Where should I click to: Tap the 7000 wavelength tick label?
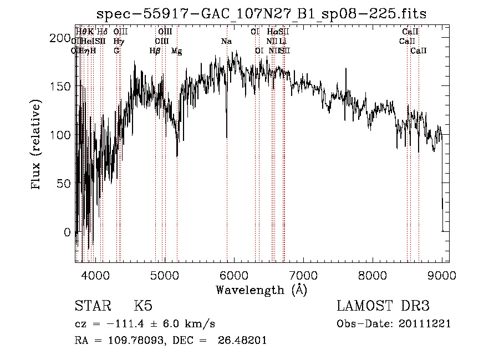(303, 275)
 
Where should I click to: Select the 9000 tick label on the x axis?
(442, 275)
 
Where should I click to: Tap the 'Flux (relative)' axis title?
(37, 145)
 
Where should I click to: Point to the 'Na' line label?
(226, 42)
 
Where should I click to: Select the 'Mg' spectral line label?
(176, 51)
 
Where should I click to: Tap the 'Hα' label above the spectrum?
(272, 32)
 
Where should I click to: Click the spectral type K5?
(143, 306)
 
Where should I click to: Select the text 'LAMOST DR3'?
(383, 306)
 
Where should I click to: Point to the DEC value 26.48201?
(244, 341)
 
